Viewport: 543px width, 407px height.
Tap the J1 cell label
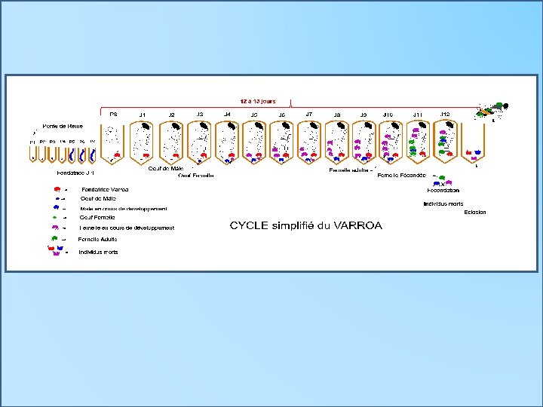tap(142, 115)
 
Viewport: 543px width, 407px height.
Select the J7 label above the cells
tap(309, 114)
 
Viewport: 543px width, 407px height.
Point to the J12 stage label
tap(445, 114)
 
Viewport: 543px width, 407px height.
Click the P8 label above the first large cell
tap(113, 114)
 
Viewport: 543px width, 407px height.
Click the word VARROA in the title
tap(356, 225)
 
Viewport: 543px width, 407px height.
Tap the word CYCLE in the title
tap(248, 225)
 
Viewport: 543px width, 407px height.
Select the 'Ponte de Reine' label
tap(63, 126)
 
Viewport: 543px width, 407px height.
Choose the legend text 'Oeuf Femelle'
tap(97, 217)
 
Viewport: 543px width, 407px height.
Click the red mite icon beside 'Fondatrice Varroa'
tap(57, 189)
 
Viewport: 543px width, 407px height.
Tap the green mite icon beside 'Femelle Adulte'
tap(57, 239)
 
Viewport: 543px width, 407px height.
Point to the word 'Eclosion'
tap(476, 213)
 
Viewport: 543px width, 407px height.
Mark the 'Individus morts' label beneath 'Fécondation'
tap(443, 203)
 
